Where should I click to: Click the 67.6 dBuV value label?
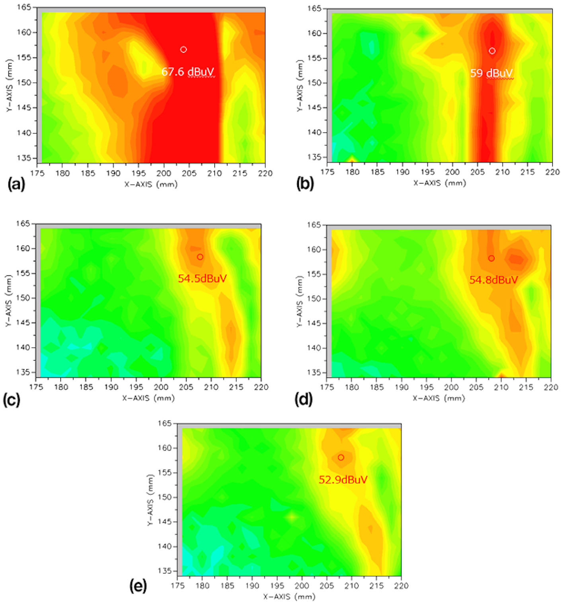(188, 72)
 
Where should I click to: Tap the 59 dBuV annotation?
(491, 73)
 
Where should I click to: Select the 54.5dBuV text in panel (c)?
(202, 279)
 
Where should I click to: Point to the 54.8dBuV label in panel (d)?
(493, 280)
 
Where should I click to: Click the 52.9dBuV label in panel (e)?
(343, 480)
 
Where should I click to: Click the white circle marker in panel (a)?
(183, 50)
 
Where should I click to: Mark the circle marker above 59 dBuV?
(492, 51)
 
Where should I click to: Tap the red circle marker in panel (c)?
(200, 257)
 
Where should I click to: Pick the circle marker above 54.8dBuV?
(491, 259)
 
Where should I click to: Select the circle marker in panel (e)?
(341, 458)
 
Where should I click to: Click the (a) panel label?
(16, 184)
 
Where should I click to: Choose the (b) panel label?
(305, 183)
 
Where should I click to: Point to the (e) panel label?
(138, 586)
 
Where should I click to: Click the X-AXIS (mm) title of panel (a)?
(151, 184)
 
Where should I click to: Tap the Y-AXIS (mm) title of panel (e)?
(150, 500)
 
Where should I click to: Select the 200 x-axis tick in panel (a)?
(164, 173)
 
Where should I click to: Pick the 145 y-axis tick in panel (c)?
(23, 323)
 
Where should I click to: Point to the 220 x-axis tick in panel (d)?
(551, 388)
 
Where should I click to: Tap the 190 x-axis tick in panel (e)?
(252, 586)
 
